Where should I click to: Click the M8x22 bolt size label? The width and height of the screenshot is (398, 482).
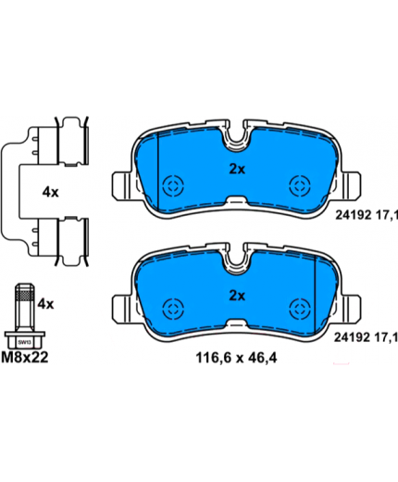[25, 358]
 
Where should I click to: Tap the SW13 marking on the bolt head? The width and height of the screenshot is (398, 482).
[22, 342]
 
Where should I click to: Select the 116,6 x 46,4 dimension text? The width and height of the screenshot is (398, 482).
[236, 358]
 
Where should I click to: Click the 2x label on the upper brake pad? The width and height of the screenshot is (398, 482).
[237, 170]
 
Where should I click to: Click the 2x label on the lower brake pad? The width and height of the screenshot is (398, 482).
[237, 296]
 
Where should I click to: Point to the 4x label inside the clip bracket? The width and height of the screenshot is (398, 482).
[50, 193]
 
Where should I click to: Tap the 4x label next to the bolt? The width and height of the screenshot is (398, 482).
[45, 304]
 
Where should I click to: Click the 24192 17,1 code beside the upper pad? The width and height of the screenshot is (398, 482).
[367, 215]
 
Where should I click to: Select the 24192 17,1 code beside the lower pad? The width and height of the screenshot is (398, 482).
[367, 337]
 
